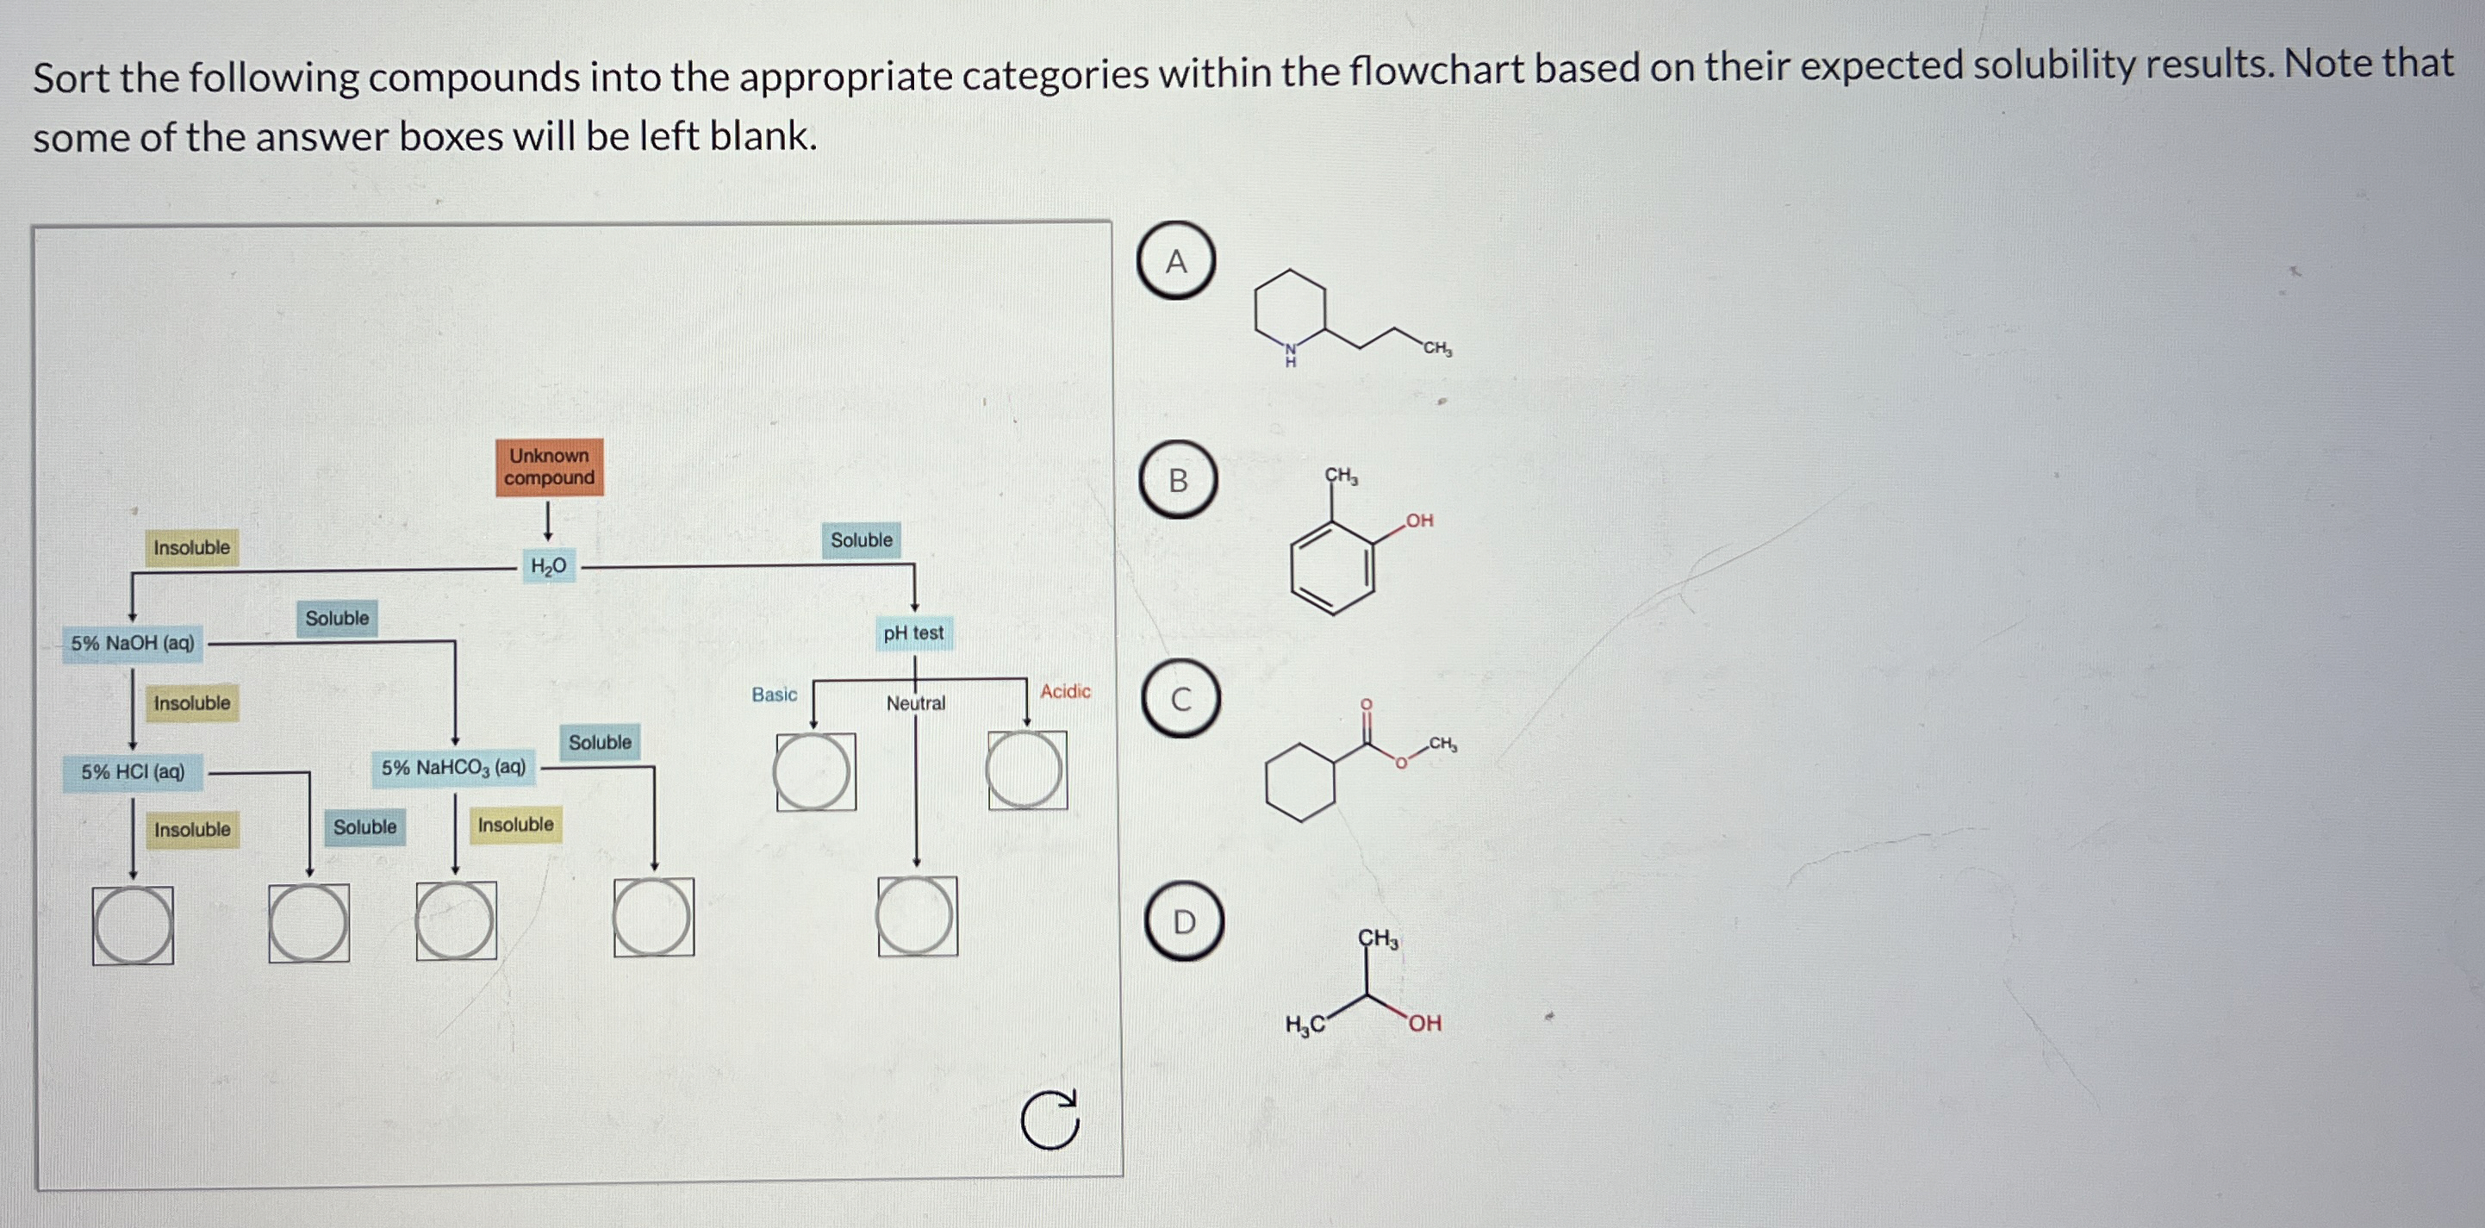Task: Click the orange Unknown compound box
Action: [x=549, y=467]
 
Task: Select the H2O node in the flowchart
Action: [x=548, y=566]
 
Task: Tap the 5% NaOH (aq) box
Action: [x=133, y=644]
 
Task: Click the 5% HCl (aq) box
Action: [x=132, y=773]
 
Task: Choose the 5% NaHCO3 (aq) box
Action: [x=453, y=768]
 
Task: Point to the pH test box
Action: [x=913, y=633]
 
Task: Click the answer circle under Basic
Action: [x=813, y=772]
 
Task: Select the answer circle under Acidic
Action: [x=1025, y=770]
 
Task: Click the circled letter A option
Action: [x=1176, y=260]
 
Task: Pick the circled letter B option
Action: [x=1178, y=480]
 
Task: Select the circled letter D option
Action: [x=1184, y=922]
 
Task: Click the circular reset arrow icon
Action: [x=1049, y=1120]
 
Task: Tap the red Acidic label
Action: [x=1065, y=692]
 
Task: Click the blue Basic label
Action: [x=774, y=695]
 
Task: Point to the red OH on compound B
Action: [x=1419, y=520]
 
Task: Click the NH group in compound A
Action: [x=1290, y=355]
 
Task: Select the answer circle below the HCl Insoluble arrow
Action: [x=133, y=926]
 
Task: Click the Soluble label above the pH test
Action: [x=862, y=540]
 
